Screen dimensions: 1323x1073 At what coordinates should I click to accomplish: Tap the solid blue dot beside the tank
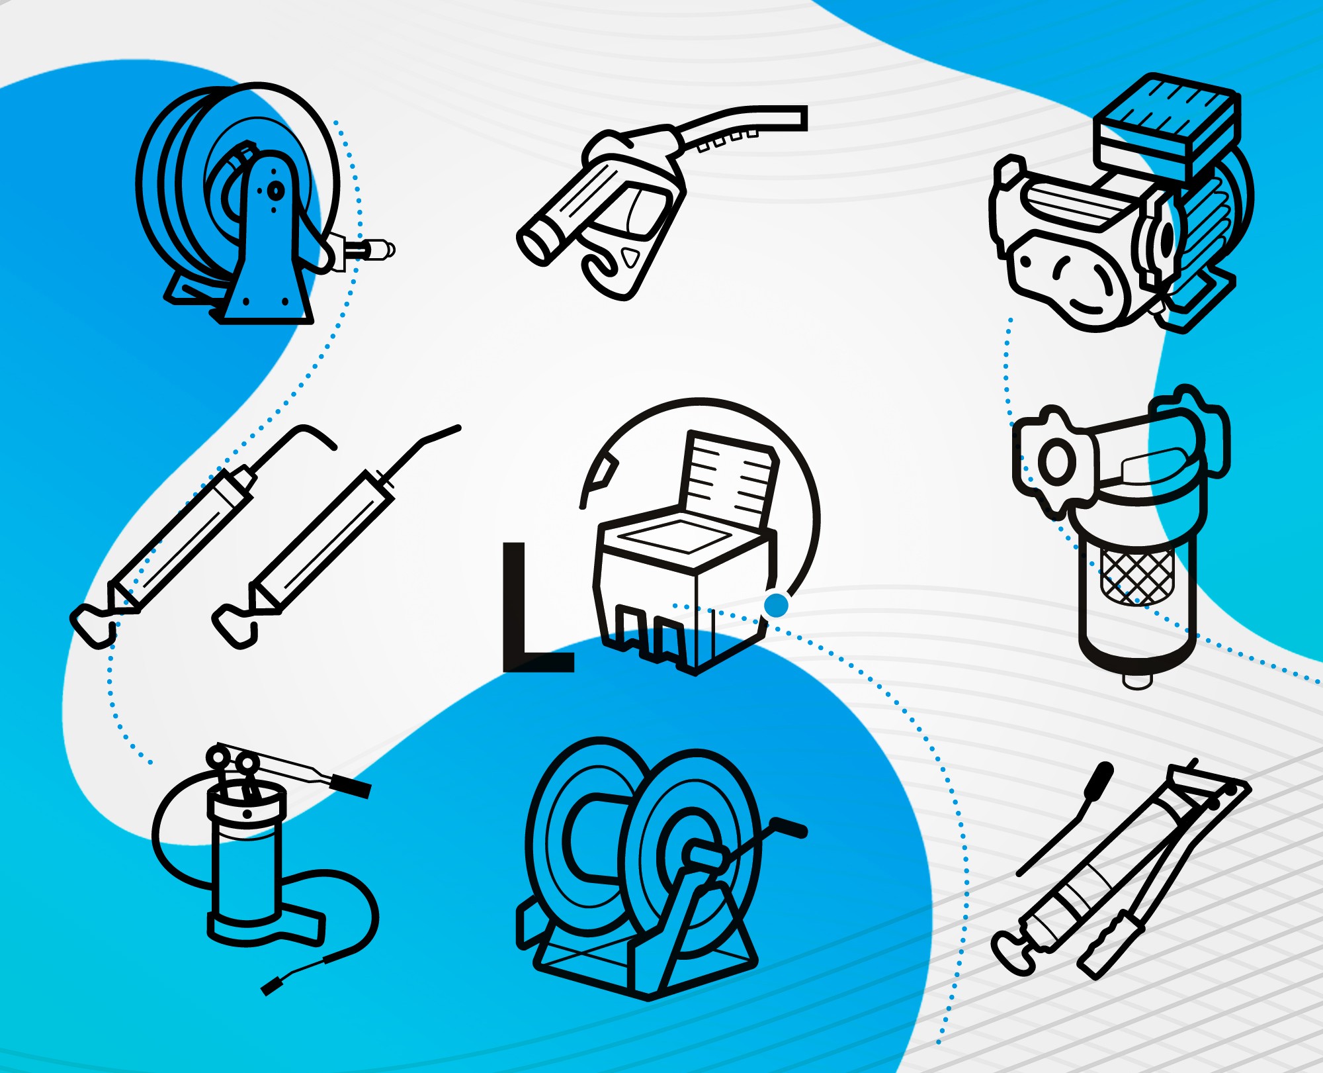pos(776,604)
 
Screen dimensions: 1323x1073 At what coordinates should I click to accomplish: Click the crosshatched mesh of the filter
pos(1137,576)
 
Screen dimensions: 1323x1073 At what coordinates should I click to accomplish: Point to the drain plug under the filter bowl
pos(1138,680)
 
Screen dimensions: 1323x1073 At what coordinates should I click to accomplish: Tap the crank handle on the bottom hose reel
pos(787,827)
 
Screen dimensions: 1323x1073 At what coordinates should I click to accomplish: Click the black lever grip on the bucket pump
pos(350,785)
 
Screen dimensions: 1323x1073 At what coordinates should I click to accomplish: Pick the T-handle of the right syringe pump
pos(234,626)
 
